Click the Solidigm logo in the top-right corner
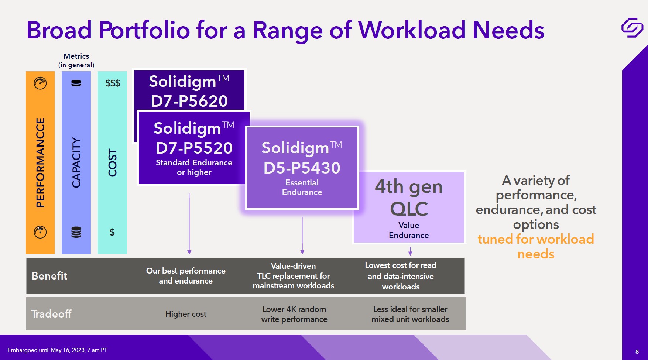click(632, 27)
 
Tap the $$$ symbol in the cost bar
click(113, 83)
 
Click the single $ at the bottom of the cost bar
click(112, 232)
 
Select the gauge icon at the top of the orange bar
click(40, 83)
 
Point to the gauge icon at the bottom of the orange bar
click(40, 232)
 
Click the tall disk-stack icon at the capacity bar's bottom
click(76, 232)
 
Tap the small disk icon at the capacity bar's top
click(76, 83)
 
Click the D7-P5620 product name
click(189, 101)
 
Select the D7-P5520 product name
click(194, 148)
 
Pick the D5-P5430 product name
click(302, 168)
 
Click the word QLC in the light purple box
click(409, 209)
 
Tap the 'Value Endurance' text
click(409, 230)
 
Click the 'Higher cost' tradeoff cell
click(186, 314)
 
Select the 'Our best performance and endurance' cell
click(186, 276)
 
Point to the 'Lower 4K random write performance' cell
click(294, 314)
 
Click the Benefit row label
click(49, 276)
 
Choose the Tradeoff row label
click(51, 314)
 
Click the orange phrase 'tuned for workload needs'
click(536, 247)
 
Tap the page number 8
click(637, 352)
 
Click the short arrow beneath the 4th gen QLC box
click(410, 251)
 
